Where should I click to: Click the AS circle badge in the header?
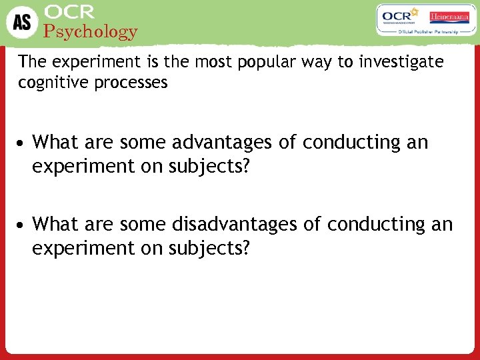click(x=22, y=22)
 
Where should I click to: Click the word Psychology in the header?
click(x=90, y=31)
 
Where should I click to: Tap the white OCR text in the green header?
click(x=69, y=12)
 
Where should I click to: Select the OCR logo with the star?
click(x=399, y=16)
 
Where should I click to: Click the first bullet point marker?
click(x=23, y=143)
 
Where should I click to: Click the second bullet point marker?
click(x=23, y=225)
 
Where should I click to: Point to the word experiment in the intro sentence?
click(x=84, y=63)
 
